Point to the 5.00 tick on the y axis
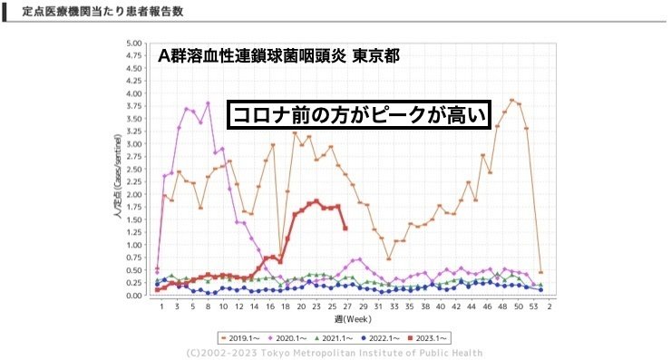(x=134, y=43)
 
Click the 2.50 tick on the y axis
(x=134, y=169)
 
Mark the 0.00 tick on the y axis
(x=134, y=296)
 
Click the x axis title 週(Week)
(x=350, y=320)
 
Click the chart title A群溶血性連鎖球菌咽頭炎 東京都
(x=277, y=56)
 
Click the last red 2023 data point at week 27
(x=345, y=228)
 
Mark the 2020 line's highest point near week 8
(x=208, y=103)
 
